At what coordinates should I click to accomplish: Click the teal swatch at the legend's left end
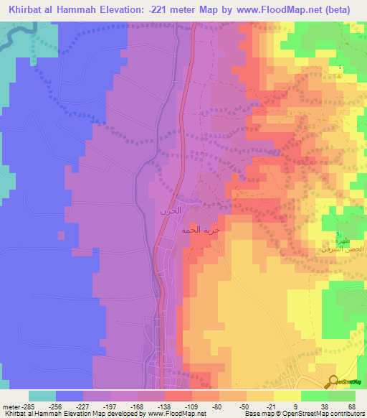click(x=42, y=396)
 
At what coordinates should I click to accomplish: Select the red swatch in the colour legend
click(x=177, y=396)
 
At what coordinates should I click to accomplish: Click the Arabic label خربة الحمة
click(x=201, y=233)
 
